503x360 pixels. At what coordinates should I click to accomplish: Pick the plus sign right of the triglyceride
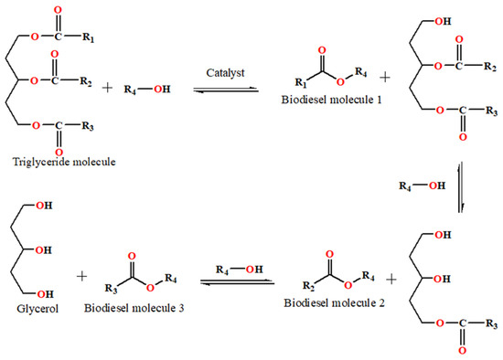(x=133, y=89)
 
